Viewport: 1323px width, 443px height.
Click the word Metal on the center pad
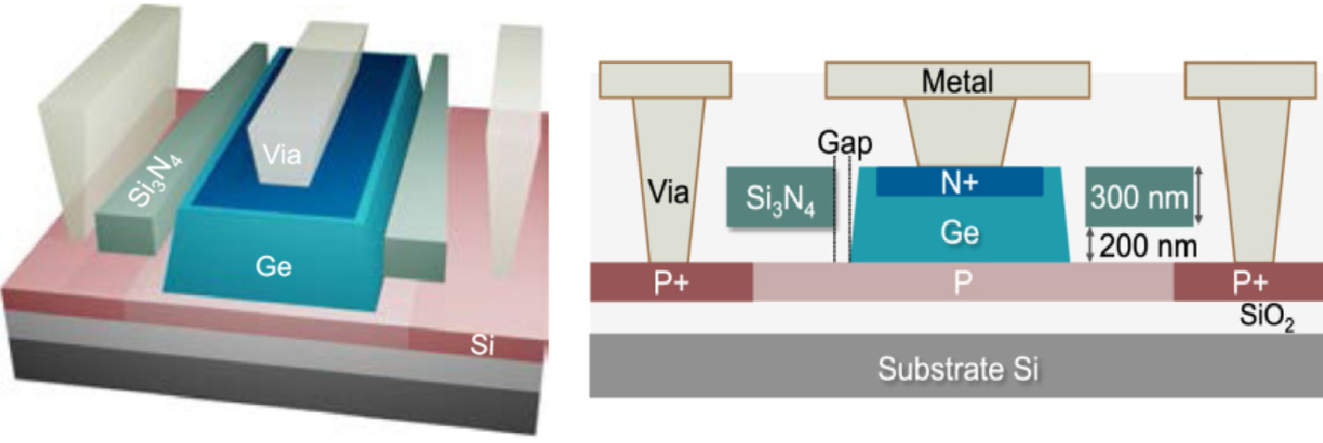coord(957,83)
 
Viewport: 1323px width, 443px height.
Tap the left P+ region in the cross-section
coord(671,282)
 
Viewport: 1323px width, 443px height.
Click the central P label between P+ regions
coord(962,282)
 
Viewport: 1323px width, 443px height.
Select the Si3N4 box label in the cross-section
coord(780,197)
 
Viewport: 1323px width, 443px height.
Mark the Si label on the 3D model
coord(481,347)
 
